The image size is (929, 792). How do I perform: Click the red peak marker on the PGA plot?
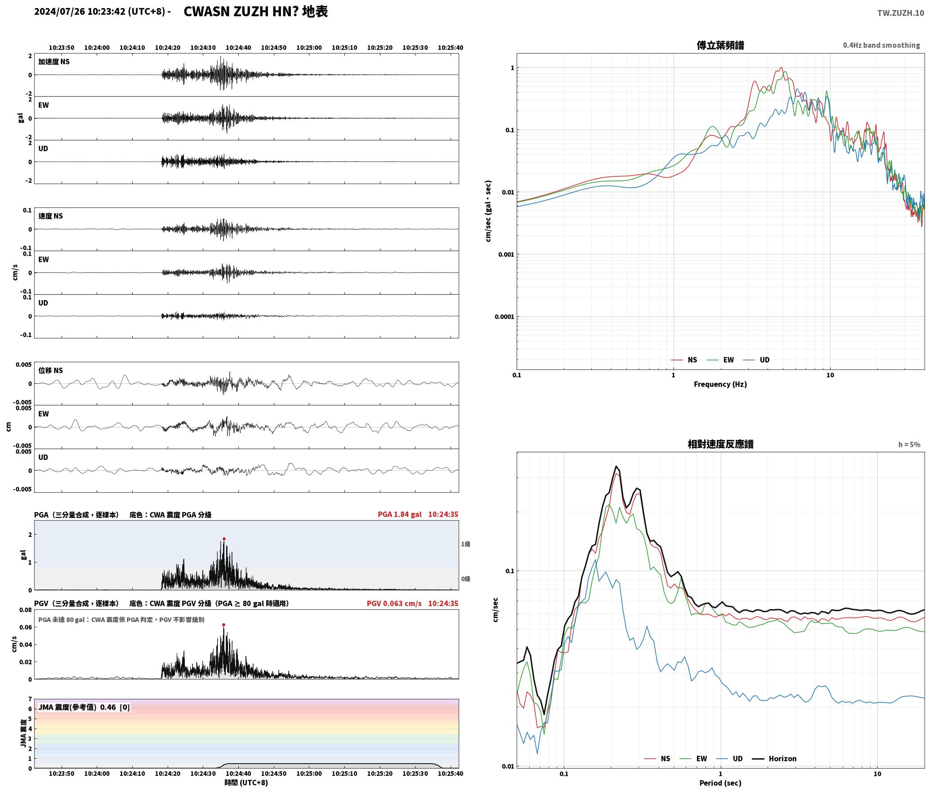pyautogui.click(x=224, y=539)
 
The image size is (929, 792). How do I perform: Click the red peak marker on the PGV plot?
pyautogui.click(x=223, y=625)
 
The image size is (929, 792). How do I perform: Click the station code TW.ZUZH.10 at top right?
pyautogui.click(x=901, y=13)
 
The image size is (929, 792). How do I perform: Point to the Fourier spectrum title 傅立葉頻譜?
pyautogui.click(x=720, y=45)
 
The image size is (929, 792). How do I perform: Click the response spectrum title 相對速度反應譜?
pyautogui.click(x=720, y=444)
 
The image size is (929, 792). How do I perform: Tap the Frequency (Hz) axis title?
pyautogui.click(x=720, y=384)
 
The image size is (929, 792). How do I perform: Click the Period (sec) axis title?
pyautogui.click(x=720, y=783)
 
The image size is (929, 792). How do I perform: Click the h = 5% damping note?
pyautogui.click(x=909, y=445)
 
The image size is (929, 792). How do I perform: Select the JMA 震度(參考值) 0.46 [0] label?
pyautogui.click(x=84, y=707)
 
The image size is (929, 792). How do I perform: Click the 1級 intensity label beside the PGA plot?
pyautogui.click(x=465, y=544)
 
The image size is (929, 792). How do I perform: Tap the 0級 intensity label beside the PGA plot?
pyautogui.click(x=465, y=579)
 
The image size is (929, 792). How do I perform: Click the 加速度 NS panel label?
pyautogui.click(x=54, y=62)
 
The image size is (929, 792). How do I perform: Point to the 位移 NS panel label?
pyautogui.click(x=50, y=370)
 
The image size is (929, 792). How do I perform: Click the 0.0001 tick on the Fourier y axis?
pyautogui.click(x=504, y=317)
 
